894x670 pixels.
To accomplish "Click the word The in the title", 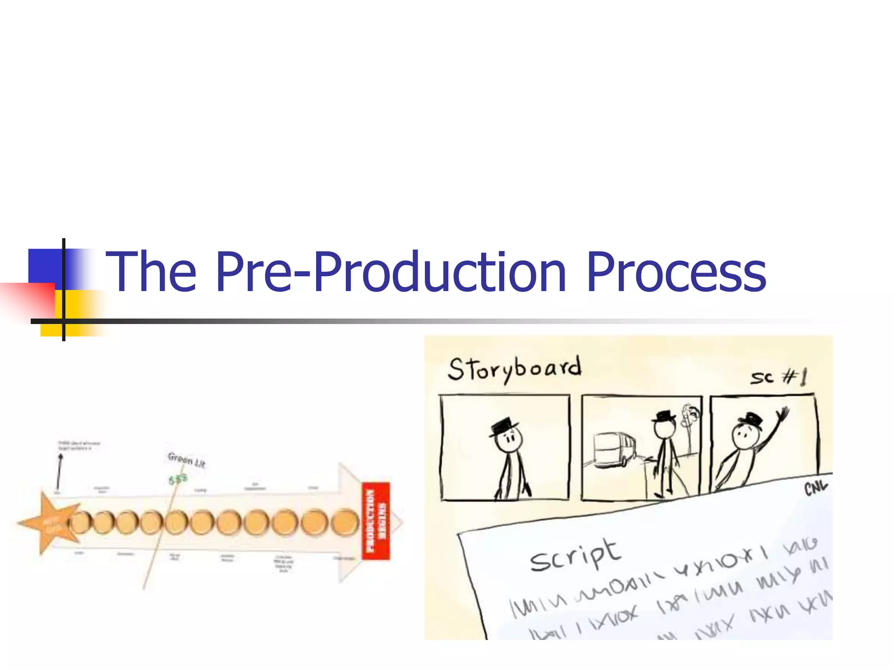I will pyautogui.click(x=151, y=272).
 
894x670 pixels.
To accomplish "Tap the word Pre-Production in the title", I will pyautogui.click(x=391, y=272).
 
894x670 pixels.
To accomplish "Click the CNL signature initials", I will pyautogui.click(x=815, y=488).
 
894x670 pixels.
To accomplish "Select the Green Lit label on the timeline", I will pyautogui.click(x=186, y=459).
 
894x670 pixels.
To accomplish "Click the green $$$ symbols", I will pyautogui.click(x=178, y=479).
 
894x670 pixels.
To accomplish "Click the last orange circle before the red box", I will pyautogui.click(x=345, y=522).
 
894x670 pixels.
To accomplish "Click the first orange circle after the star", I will pyautogui.click(x=80, y=523).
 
